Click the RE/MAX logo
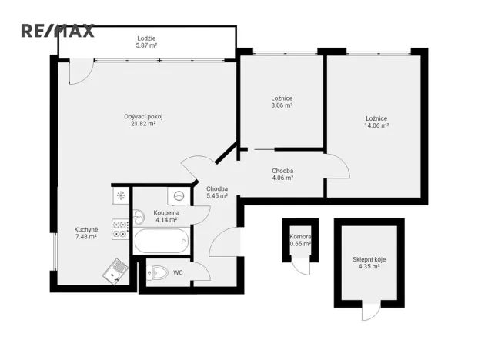[x=57, y=31]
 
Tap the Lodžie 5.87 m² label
[x=146, y=42]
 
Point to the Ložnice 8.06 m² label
[x=282, y=102]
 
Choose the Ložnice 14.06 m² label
[x=376, y=122]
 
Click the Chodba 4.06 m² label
[x=282, y=174]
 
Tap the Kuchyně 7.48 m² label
[x=85, y=233]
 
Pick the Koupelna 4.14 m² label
[x=165, y=216]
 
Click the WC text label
[x=178, y=272]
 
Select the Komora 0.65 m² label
[x=299, y=240]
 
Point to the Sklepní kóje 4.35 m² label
[x=369, y=263]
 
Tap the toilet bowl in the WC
[x=157, y=272]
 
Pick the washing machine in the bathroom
[x=179, y=195]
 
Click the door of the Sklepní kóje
[x=371, y=312]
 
